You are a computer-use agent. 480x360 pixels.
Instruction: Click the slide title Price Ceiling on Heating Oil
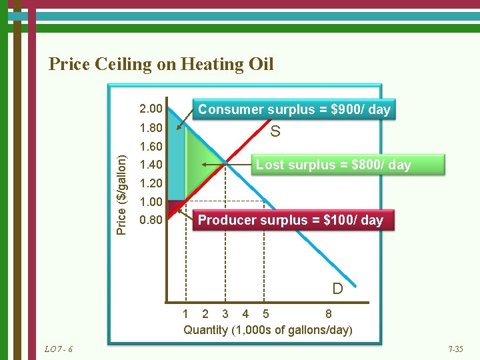coord(161,64)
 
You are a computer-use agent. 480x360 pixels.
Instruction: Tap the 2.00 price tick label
coord(150,108)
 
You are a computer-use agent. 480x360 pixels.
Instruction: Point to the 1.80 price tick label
coord(150,127)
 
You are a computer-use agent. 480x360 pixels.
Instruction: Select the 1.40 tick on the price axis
coord(150,164)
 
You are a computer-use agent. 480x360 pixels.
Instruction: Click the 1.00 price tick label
coord(150,201)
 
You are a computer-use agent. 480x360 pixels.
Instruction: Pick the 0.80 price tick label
coord(150,219)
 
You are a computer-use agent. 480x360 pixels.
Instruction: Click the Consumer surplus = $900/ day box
coord(294,109)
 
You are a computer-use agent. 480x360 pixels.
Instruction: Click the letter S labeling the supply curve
coord(275,132)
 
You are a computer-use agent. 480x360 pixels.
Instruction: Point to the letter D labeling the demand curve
coord(338,289)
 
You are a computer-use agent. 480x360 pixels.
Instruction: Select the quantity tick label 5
coord(266,314)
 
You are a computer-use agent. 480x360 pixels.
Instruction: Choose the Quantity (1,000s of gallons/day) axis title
coord(268,330)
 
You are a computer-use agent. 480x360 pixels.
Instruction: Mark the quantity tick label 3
coord(225,314)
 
